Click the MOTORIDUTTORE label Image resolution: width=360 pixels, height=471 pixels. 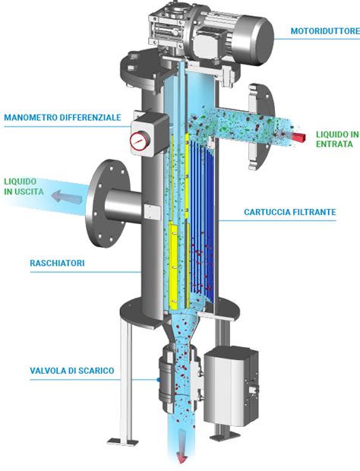pos(325,31)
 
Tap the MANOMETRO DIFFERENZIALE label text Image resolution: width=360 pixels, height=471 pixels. pos(62,117)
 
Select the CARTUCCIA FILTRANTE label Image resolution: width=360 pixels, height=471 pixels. pos(289,212)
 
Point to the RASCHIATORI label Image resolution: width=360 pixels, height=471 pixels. pos(57,263)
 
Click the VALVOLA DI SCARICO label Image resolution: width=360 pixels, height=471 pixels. pos(72,371)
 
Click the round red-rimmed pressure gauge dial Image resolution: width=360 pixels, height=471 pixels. pos(140,140)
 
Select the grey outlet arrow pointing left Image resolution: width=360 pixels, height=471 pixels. pos(66,197)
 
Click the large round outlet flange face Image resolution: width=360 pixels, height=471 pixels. pos(108,204)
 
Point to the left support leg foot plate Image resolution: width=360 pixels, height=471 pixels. pos(122,442)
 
